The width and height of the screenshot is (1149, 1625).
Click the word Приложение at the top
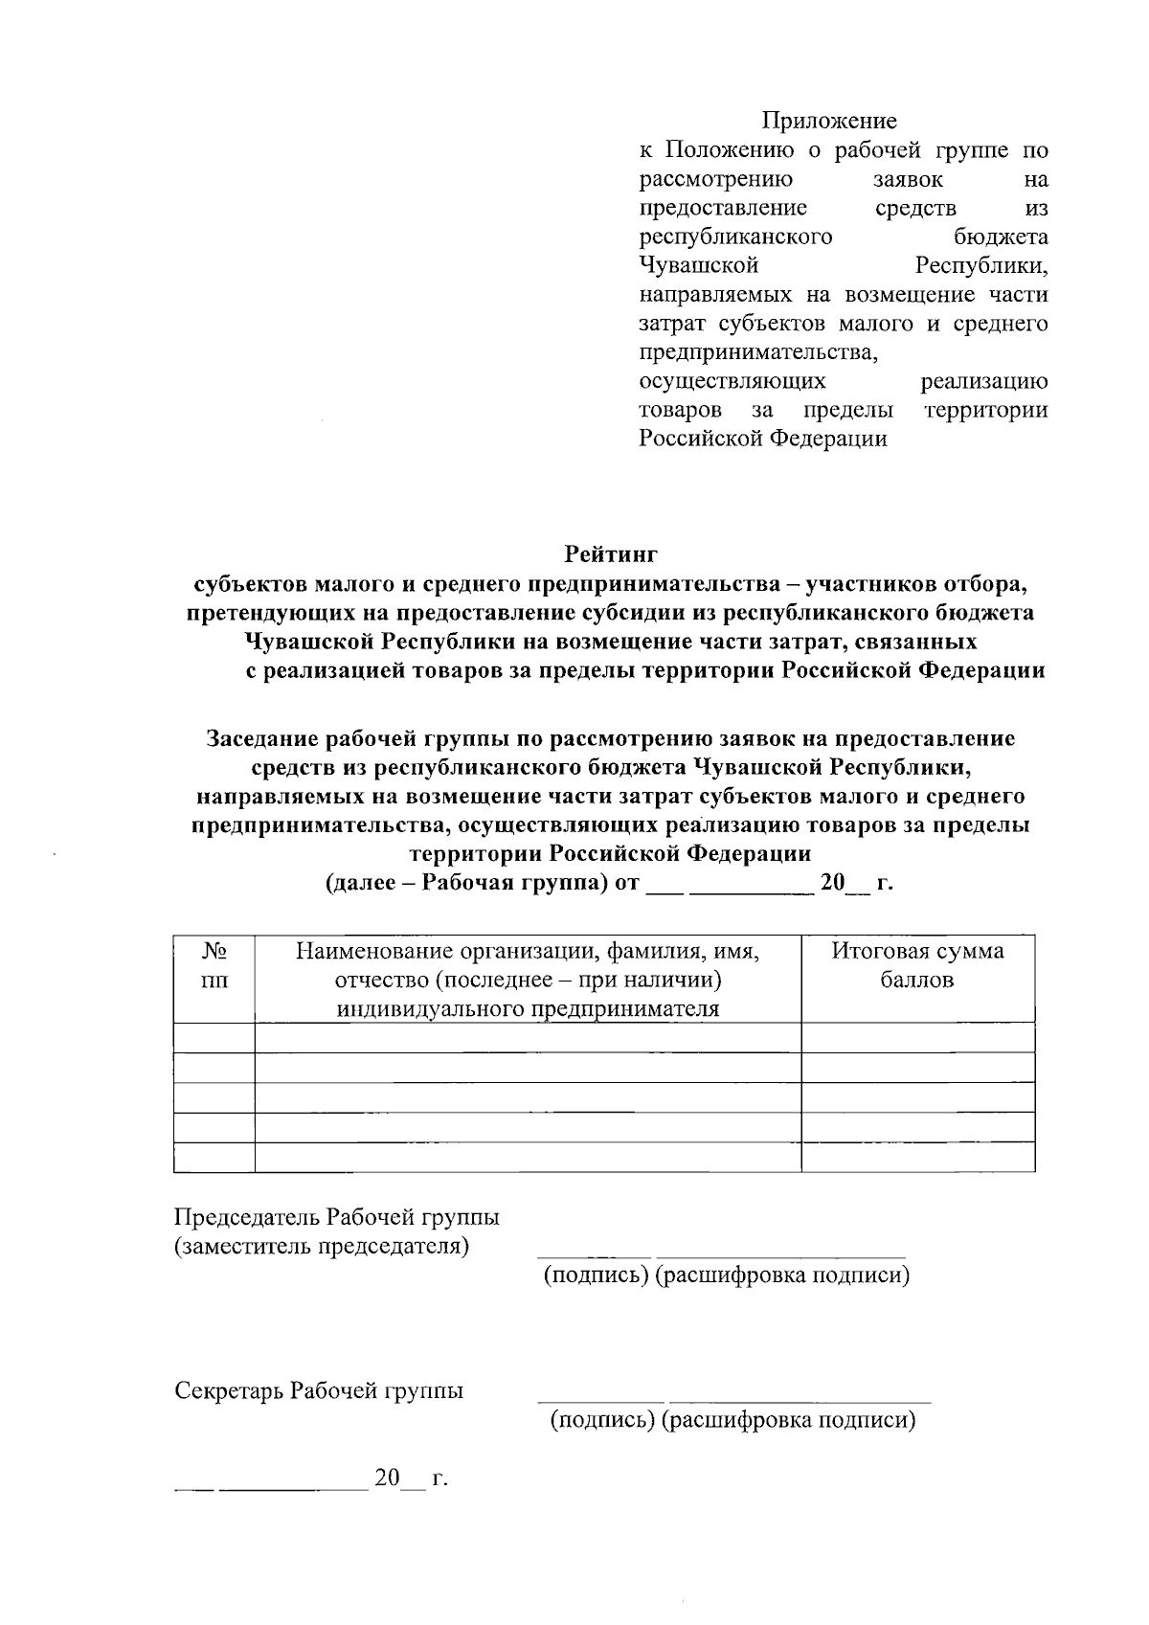[x=829, y=121]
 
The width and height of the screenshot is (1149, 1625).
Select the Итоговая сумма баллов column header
[x=917, y=965]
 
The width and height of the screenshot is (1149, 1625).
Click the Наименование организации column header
[x=528, y=980]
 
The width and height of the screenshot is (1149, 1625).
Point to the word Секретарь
[x=229, y=1390]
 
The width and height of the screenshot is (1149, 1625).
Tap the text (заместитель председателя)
[x=322, y=1246]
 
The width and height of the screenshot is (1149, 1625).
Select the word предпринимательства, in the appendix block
[x=758, y=352]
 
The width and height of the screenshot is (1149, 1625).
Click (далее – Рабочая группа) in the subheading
[x=467, y=882]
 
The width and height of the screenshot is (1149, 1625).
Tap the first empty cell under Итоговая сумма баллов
[x=917, y=1037]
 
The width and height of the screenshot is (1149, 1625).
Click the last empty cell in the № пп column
[x=214, y=1157]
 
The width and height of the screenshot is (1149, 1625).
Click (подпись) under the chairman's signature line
[x=597, y=1275]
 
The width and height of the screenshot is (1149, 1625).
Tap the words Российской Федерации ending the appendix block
[x=762, y=439]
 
